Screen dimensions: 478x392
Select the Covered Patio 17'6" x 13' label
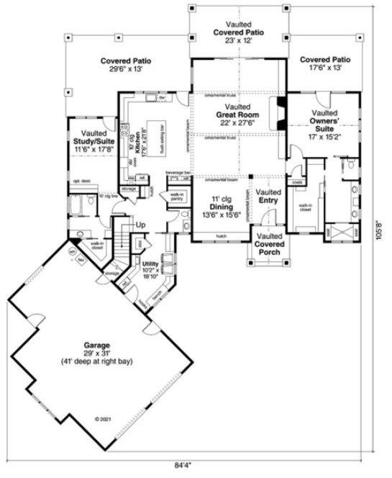coord(324,63)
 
